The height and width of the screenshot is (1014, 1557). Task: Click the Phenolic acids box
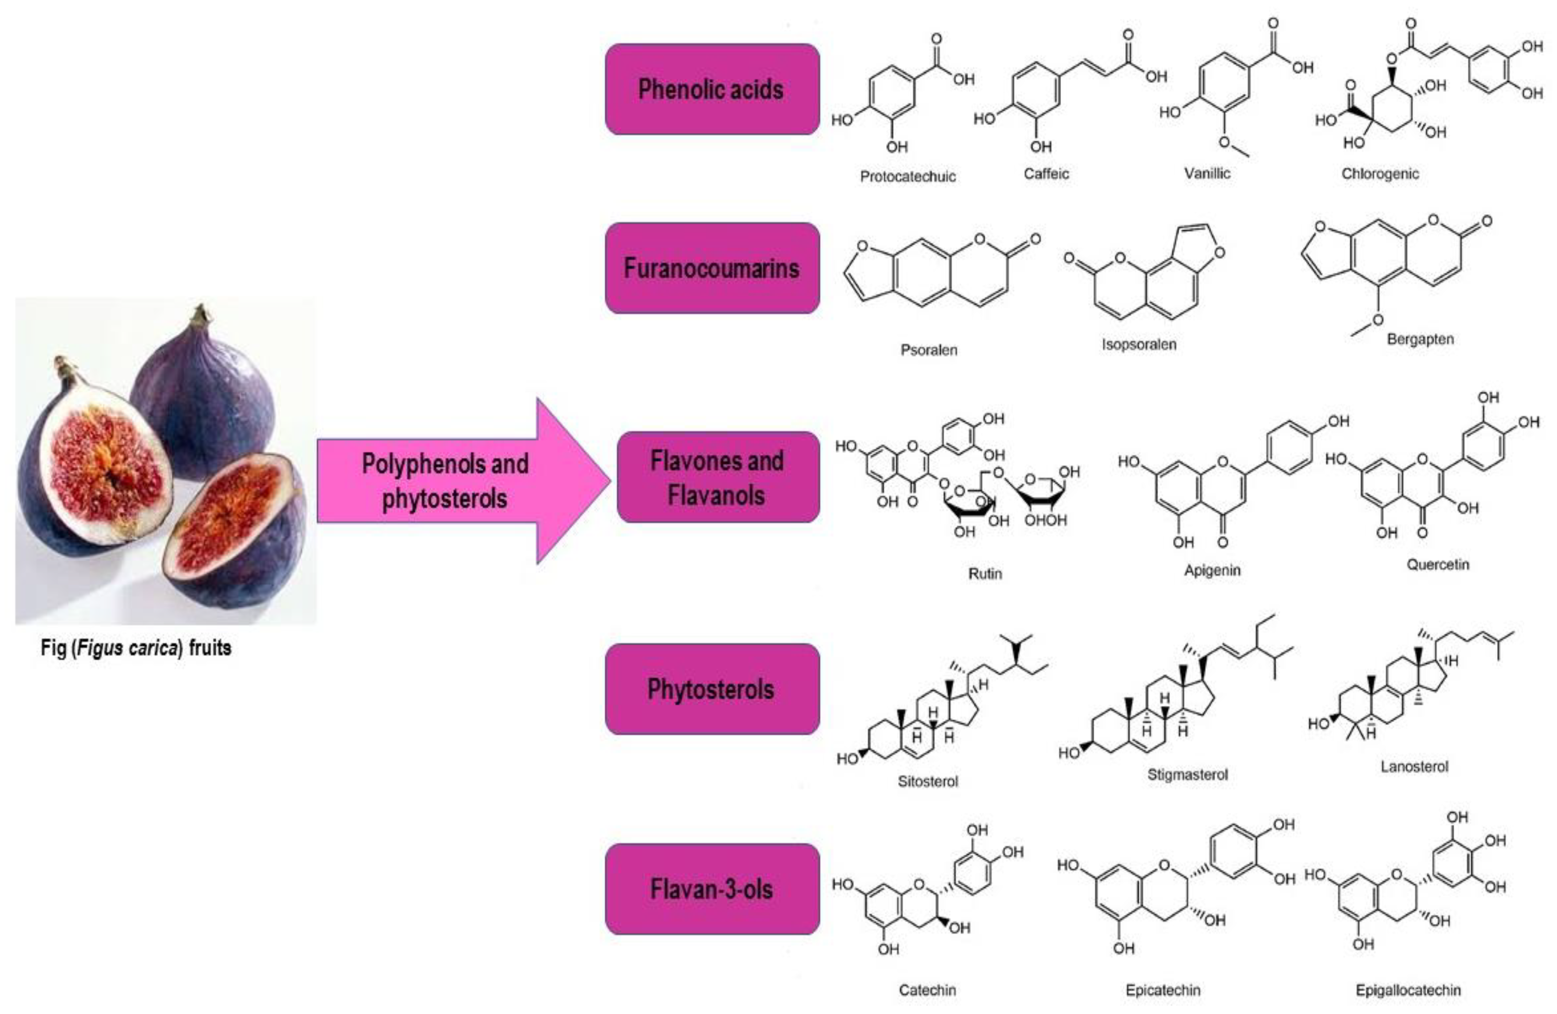coord(712,90)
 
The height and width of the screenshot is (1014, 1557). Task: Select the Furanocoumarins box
coord(712,268)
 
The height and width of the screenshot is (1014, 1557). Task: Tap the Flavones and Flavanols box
coord(718,478)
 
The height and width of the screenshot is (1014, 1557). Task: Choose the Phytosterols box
coord(712,689)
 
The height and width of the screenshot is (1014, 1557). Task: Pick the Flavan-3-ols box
coord(712,889)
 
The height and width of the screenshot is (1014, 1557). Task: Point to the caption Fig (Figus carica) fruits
coord(136,648)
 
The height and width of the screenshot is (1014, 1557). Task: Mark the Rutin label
coord(985,574)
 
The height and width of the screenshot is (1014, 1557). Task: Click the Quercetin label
coord(1437,564)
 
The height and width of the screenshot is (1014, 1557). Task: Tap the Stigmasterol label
coord(1188,774)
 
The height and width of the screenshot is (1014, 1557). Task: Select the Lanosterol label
coord(1414,767)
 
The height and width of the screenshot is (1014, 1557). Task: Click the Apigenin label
coord(1211,571)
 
